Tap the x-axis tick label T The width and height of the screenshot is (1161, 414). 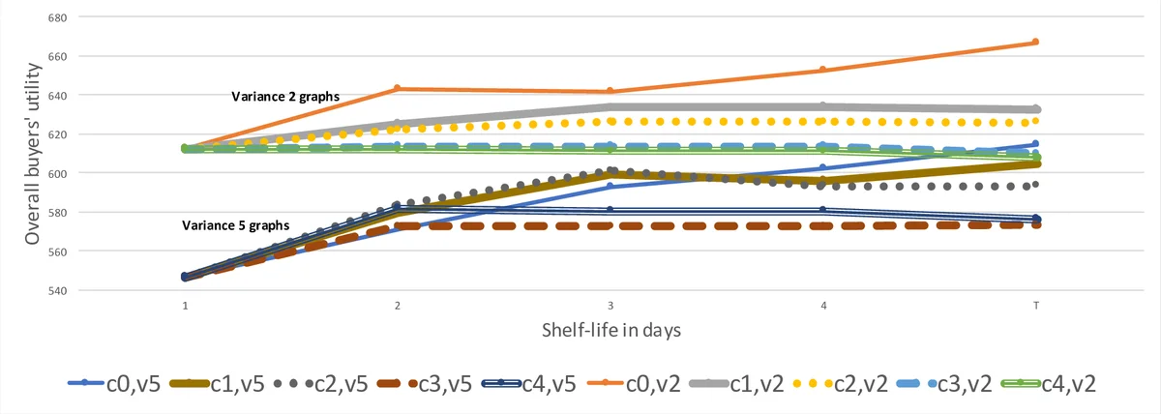point(1035,306)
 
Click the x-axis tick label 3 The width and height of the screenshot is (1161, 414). point(610,306)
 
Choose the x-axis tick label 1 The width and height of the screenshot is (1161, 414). point(184,306)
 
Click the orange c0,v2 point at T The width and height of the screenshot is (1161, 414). point(1035,42)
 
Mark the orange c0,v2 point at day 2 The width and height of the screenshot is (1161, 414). point(397,89)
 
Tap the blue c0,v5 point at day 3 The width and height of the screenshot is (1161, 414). point(610,186)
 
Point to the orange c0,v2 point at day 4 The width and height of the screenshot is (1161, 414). point(822,70)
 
